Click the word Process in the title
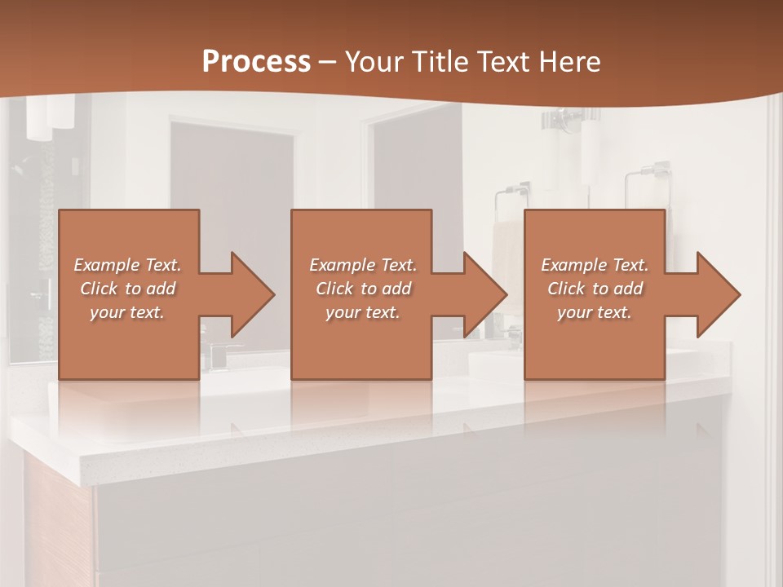[256, 61]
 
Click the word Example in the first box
[106, 265]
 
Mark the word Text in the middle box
[398, 265]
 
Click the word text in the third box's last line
[615, 312]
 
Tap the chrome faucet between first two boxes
[217, 354]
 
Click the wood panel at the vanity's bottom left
[57, 522]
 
